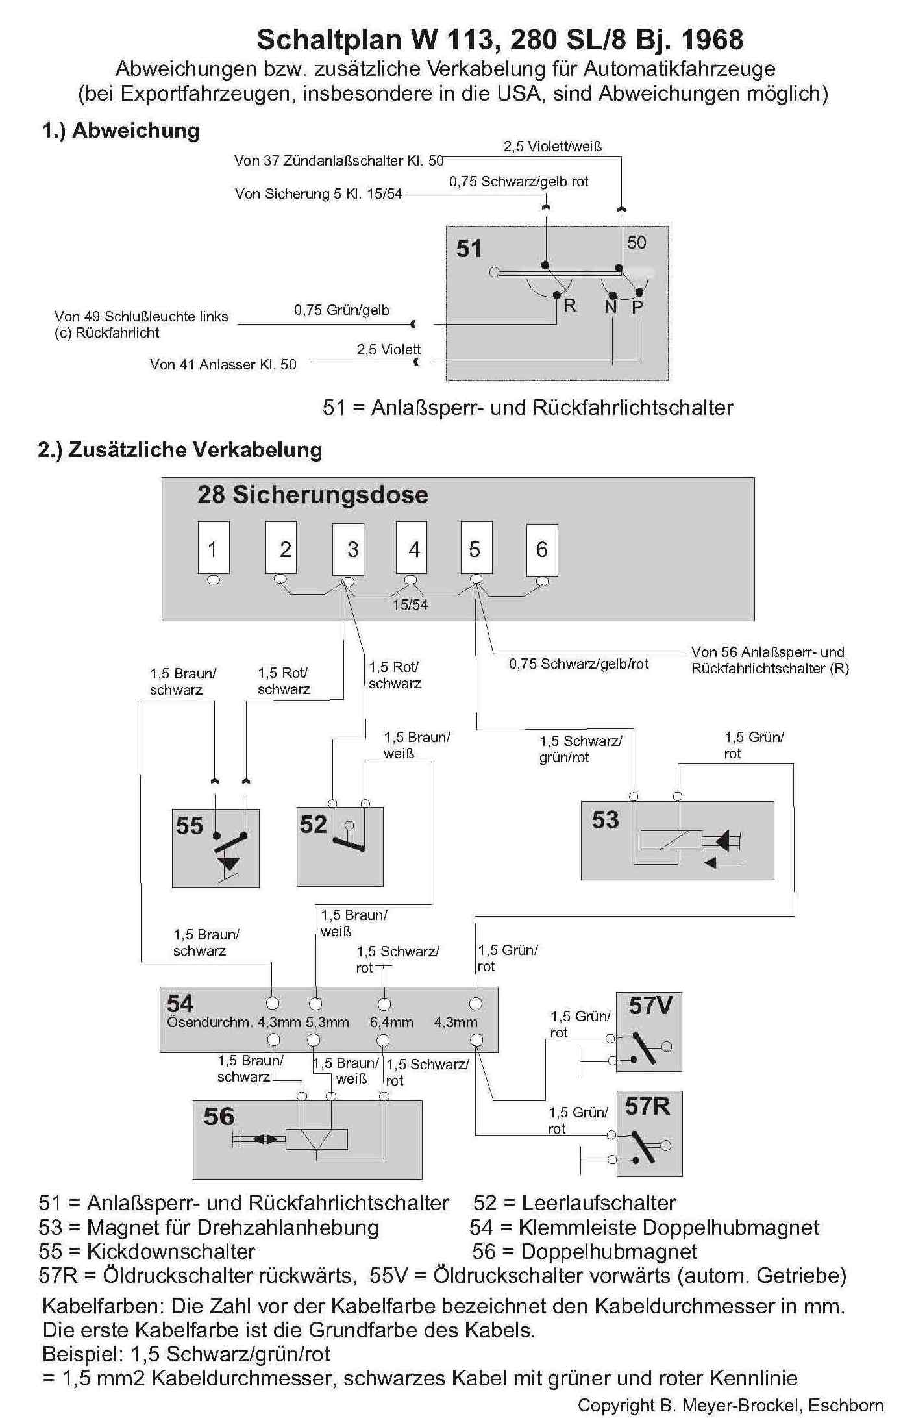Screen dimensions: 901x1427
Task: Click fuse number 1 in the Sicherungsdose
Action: point(214,548)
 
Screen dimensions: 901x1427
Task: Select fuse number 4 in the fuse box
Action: point(412,548)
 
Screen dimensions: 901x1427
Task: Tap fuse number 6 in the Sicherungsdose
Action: point(542,548)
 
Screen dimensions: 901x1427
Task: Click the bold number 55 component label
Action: point(190,825)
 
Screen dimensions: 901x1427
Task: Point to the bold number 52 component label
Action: point(314,824)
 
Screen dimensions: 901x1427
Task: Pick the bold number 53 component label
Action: point(606,819)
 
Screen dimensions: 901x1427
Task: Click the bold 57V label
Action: point(650,1006)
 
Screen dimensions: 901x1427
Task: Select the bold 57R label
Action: point(648,1106)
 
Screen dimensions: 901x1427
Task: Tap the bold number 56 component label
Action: point(219,1116)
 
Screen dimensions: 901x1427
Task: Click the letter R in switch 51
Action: point(570,305)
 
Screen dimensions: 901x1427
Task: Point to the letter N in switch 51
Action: point(611,307)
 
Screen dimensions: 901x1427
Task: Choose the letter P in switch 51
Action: point(637,307)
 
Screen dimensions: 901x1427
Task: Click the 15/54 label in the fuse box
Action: point(410,604)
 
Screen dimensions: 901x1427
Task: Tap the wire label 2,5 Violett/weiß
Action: point(553,146)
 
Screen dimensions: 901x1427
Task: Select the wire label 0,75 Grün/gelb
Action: point(341,310)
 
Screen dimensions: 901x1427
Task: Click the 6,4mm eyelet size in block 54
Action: point(391,1022)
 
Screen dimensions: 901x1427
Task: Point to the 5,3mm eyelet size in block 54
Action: point(327,1022)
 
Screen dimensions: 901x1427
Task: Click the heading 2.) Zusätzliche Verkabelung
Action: point(180,449)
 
